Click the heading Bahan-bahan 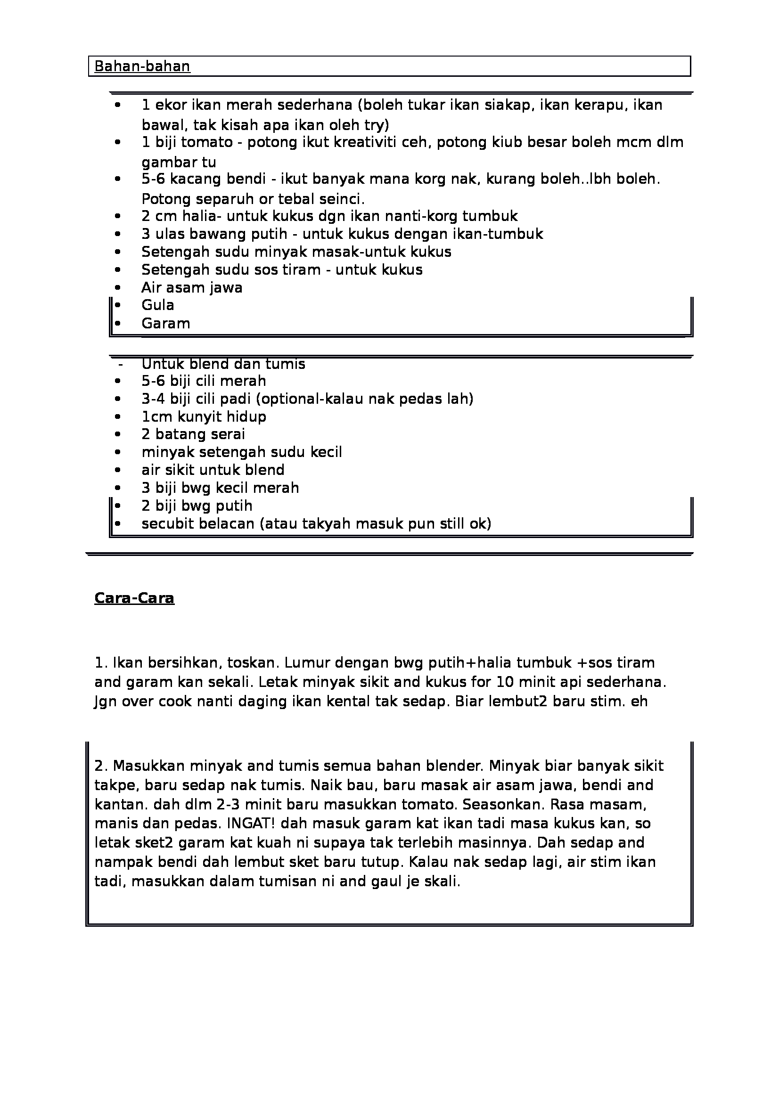point(142,66)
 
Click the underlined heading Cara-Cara point(134,598)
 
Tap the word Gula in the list point(157,305)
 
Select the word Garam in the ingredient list point(165,324)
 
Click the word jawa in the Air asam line point(226,288)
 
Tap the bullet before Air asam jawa point(118,288)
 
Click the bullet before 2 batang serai point(118,434)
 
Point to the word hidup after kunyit point(248,416)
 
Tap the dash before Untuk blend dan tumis point(120,364)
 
